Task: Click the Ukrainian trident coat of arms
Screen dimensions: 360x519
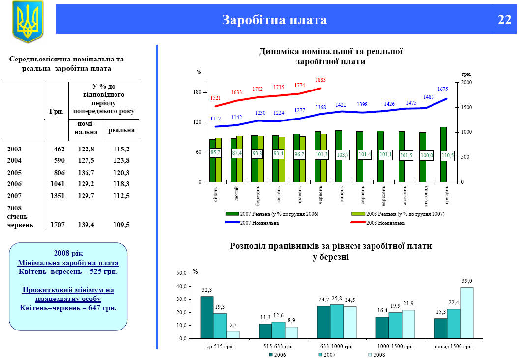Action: pyautogui.click(x=28, y=22)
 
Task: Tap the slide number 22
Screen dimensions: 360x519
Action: pyautogui.click(x=504, y=20)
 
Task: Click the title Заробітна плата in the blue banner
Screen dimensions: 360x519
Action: pyautogui.click(x=274, y=20)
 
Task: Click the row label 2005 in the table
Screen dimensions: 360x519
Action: pyautogui.click(x=15, y=172)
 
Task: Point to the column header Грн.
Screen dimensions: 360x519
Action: pyautogui.click(x=57, y=112)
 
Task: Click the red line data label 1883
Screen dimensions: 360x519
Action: pyautogui.click(x=320, y=80)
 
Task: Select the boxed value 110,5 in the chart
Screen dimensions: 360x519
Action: pyautogui.click(x=448, y=155)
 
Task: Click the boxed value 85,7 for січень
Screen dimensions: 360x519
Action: pyautogui.click(x=215, y=153)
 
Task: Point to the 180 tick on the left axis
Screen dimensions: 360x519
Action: pyautogui.click(x=197, y=92)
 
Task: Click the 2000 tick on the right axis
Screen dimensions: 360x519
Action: pyautogui.click(x=466, y=83)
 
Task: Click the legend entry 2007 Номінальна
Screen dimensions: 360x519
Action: pyautogui.click(x=259, y=223)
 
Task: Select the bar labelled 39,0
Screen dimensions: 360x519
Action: pyautogui.click(x=466, y=313)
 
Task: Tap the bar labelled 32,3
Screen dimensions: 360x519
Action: pyautogui.click(x=207, y=317)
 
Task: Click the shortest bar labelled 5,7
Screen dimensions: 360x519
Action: pyautogui.click(x=233, y=334)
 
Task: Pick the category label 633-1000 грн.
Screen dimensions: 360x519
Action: pyautogui.click(x=336, y=347)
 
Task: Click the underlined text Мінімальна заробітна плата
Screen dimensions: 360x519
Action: pyautogui.click(x=68, y=263)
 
